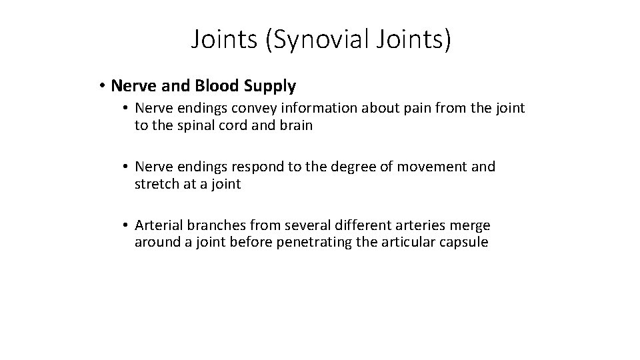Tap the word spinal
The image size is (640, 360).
[194, 125]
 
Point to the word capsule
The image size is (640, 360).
[464, 242]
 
